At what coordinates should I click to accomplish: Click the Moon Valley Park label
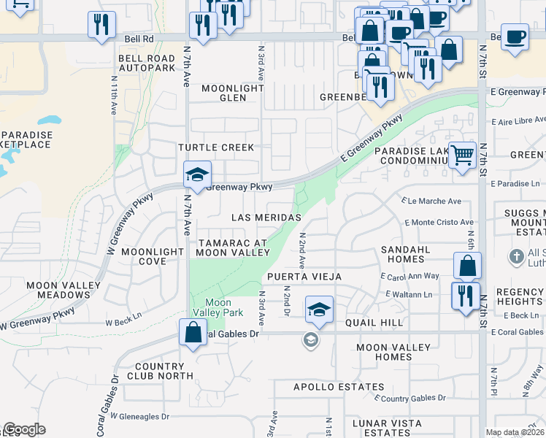click(218, 307)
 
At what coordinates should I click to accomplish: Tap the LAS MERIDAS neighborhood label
click(266, 218)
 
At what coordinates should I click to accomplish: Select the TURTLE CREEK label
click(217, 147)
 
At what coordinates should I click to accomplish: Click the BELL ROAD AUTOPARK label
click(147, 63)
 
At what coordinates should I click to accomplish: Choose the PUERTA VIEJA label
click(300, 277)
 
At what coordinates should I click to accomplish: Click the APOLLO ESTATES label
click(339, 387)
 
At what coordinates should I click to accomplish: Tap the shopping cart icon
click(462, 154)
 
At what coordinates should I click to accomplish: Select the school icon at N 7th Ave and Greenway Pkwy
click(197, 174)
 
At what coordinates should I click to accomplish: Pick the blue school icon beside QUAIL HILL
click(318, 309)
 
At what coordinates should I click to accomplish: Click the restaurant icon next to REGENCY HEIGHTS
click(464, 296)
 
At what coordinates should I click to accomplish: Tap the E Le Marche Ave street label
click(432, 201)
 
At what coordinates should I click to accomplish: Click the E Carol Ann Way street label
click(410, 276)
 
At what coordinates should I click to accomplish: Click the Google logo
click(24, 429)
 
